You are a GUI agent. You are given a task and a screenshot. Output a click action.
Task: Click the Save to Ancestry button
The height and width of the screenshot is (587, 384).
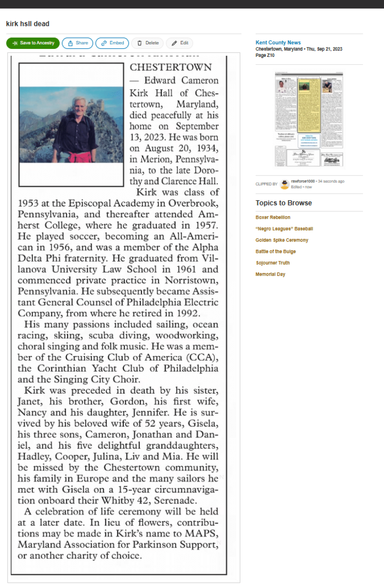33,43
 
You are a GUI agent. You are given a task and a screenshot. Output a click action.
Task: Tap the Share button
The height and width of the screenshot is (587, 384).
78,43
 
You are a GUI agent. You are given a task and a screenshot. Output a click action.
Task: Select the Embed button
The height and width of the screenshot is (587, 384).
112,43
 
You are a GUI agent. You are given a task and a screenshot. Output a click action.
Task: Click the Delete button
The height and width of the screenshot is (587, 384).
148,43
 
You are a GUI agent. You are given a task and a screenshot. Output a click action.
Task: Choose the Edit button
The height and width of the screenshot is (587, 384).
180,43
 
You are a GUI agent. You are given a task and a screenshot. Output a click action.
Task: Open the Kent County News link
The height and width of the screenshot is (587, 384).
278,42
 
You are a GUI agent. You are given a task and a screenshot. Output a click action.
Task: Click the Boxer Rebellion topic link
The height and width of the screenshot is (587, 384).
273,217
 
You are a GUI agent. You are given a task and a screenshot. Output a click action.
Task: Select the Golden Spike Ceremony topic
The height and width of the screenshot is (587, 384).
282,240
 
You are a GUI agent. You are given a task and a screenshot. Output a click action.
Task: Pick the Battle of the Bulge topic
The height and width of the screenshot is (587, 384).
275,251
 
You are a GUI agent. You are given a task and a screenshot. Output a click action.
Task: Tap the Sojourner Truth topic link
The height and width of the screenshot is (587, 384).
273,263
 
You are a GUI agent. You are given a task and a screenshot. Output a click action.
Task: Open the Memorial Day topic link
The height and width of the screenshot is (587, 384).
270,274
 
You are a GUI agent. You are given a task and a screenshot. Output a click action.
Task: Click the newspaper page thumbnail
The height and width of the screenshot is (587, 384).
309,119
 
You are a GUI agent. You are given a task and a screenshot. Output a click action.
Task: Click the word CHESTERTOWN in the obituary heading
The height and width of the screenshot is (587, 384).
171,67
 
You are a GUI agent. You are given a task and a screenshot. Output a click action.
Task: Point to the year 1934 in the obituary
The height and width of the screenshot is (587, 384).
207,148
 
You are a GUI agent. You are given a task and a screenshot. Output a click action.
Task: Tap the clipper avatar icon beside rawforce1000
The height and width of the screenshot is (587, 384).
284,184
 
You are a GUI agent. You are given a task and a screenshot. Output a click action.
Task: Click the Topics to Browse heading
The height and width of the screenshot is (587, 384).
284,203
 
